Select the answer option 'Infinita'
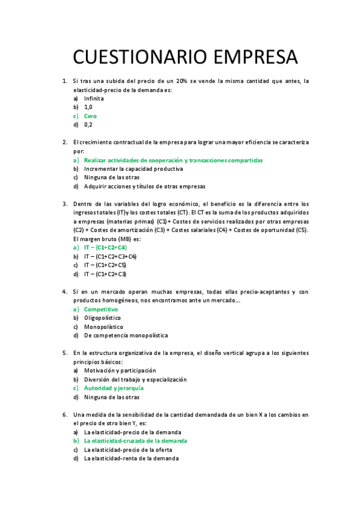tap(94, 98)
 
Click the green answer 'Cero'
tap(90, 115)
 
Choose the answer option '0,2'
tap(88, 124)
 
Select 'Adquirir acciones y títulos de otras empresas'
tap(144, 186)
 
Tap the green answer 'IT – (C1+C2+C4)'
tap(105, 247)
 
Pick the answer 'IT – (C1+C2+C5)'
tap(105, 265)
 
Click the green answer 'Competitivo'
tap(101, 309)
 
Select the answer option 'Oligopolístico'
tap(102, 318)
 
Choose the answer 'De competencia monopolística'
tap(126, 335)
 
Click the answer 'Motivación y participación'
tap(120, 370)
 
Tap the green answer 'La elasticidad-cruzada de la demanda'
tap(135, 441)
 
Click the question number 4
tap(64, 291)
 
